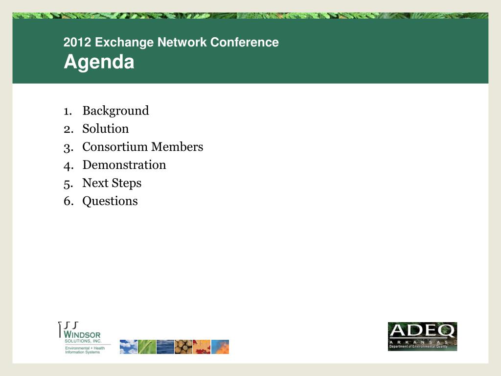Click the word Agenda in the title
99,63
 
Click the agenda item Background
115,111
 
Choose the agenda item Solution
106,129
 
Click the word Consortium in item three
115,147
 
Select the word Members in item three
177,147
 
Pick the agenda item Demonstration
124,165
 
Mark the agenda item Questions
110,201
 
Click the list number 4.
67,165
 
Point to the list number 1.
67,111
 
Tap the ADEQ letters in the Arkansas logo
422,330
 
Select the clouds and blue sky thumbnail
129,347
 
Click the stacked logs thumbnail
183,347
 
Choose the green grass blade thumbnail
147,347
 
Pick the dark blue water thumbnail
165,347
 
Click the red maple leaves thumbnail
202,347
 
